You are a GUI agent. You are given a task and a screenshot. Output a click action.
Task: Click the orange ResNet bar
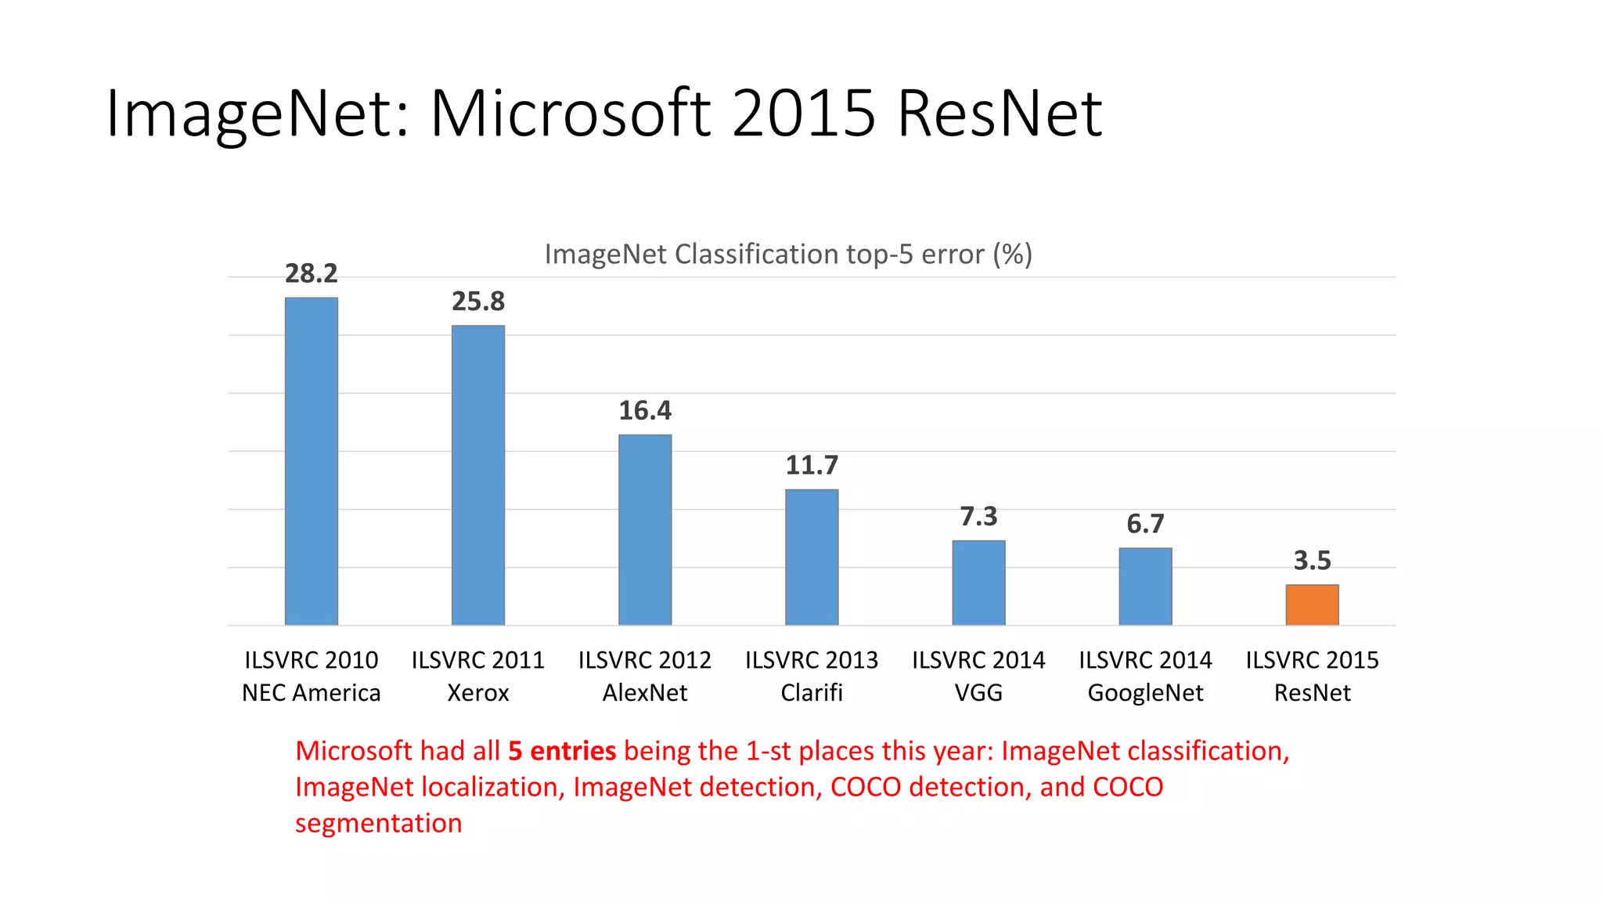(x=1312, y=604)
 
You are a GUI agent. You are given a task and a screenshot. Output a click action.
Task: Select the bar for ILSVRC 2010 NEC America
(x=311, y=462)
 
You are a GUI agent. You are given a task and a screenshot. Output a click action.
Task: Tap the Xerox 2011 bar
(x=477, y=475)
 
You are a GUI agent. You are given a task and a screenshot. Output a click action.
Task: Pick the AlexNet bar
(x=645, y=530)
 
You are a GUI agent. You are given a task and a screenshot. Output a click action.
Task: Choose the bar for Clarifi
(x=812, y=557)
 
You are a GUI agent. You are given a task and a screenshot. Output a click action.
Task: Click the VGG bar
(x=978, y=583)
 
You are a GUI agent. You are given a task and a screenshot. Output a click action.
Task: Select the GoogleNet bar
(x=1145, y=586)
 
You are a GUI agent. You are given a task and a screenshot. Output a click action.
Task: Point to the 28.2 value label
(x=311, y=273)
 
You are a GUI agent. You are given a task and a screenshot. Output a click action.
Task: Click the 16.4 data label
(x=645, y=410)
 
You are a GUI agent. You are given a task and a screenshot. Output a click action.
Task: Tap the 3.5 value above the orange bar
(x=1312, y=561)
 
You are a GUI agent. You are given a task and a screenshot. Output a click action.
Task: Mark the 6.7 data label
(x=1145, y=524)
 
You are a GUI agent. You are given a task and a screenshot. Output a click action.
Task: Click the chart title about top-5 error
(x=788, y=254)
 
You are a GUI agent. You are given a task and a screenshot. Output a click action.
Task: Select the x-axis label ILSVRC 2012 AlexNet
(x=645, y=676)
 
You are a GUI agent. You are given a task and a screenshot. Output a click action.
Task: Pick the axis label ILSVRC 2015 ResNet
(x=1312, y=676)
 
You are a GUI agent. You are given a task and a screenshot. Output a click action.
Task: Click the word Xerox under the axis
(x=477, y=693)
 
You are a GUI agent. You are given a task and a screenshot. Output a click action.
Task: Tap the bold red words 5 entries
(x=562, y=751)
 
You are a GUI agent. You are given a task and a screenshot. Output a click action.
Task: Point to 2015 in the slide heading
(x=803, y=114)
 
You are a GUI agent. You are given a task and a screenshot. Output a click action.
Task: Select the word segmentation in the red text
(x=378, y=824)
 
